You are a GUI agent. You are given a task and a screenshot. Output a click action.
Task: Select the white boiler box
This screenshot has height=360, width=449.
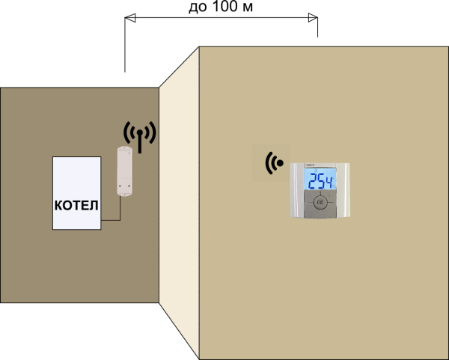[x=76, y=180]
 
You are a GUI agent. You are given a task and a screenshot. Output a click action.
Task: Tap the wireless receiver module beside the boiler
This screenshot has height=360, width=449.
[x=124, y=171]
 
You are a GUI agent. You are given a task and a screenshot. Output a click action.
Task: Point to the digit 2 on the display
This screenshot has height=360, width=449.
[x=313, y=180]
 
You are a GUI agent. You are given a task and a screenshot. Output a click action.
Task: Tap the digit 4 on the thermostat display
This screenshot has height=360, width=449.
[x=332, y=180]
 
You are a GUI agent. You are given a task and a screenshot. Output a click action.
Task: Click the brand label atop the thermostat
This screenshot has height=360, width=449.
[x=310, y=165]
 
